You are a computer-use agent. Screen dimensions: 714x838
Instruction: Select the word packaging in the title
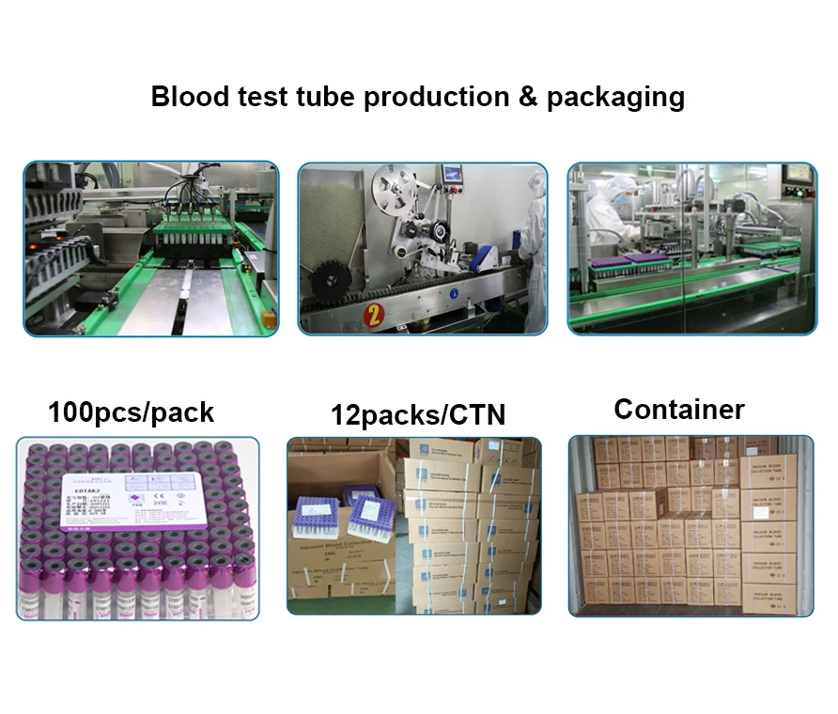click(x=615, y=98)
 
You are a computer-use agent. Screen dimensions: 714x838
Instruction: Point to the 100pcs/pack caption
click(x=131, y=411)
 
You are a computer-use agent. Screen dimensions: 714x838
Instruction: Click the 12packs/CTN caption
click(x=417, y=414)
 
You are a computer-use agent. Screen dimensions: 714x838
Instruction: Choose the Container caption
click(x=678, y=410)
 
